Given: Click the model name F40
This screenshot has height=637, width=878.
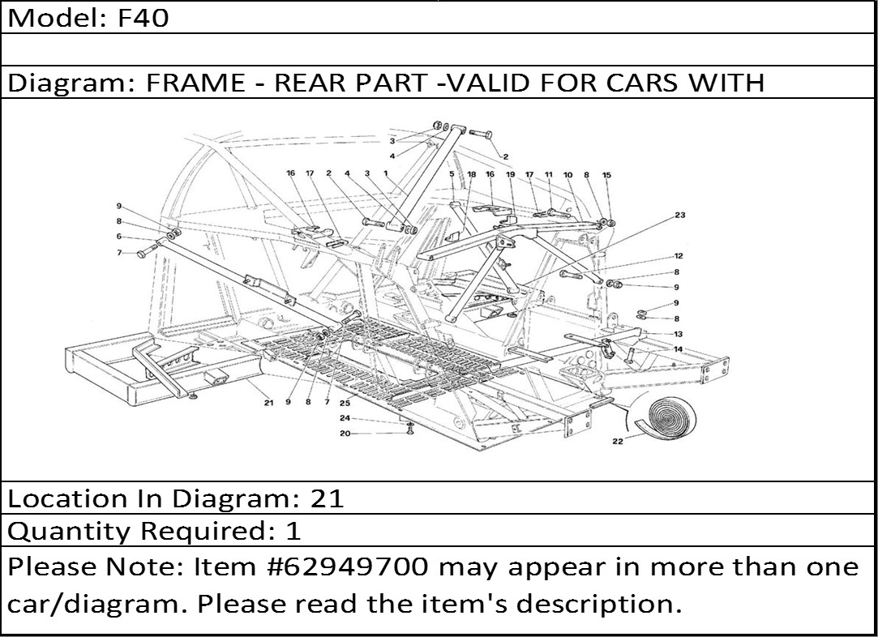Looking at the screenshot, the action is tap(143, 18).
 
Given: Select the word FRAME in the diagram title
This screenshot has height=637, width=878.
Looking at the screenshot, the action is tap(195, 83).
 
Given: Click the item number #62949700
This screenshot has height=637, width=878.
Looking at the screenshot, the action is tap(350, 567).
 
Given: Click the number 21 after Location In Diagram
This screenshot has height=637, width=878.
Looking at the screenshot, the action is tap(327, 498).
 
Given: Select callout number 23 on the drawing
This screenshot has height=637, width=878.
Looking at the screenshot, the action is tap(679, 215).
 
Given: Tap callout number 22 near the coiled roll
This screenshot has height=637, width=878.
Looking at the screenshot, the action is tap(617, 441).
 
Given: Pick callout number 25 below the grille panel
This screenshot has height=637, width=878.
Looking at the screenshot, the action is tap(345, 402).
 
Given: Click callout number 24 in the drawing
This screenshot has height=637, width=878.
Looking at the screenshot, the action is tap(345, 418).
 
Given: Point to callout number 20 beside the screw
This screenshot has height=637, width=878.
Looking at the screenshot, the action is tap(345, 434).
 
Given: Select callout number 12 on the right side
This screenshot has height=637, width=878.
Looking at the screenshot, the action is tap(678, 256).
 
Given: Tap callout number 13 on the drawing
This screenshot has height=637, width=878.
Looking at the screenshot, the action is tap(678, 334).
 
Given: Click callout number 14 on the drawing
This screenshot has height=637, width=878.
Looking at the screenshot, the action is tap(678, 349).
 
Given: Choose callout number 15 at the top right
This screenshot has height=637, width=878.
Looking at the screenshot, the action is tap(606, 175).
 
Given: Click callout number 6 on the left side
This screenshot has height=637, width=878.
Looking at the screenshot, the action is tap(119, 237).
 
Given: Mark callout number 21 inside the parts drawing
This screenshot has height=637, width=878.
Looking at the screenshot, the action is tap(269, 403).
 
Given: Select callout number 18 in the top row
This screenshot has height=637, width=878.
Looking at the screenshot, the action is tap(472, 174).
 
